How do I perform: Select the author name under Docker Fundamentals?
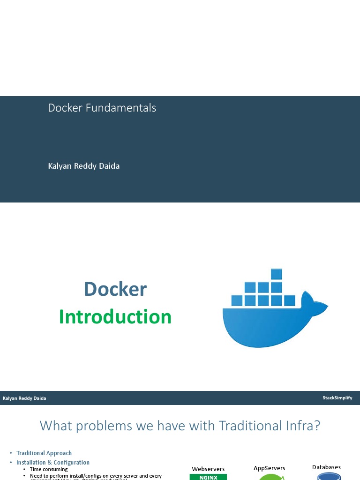pos(83,166)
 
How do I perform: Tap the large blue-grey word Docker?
pos(115,289)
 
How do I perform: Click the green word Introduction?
pos(115,317)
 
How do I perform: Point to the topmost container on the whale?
pos(277,274)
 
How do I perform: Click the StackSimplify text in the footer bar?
pos(337,398)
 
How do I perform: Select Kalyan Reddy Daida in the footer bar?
pos(24,398)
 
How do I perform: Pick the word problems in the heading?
pos(100,426)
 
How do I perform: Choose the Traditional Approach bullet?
pos(44,453)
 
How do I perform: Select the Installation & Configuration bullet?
pos(53,463)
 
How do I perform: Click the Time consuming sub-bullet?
pos(49,469)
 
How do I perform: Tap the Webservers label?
pos(208,469)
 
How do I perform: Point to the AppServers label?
pos(269,468)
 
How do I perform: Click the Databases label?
pos(326,467)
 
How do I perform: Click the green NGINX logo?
pos(208,477)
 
